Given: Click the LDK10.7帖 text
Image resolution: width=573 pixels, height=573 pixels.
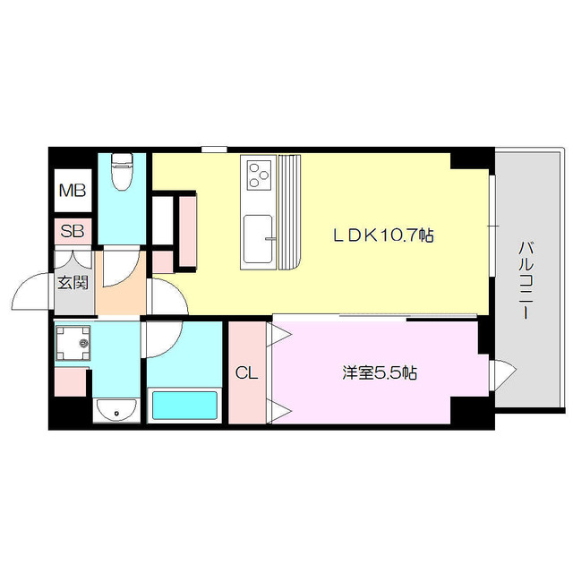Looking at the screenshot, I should [383, 235].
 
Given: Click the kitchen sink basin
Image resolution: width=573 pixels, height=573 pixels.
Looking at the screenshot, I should [258, 237].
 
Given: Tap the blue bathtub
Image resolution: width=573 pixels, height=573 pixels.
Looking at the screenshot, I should [184, 405].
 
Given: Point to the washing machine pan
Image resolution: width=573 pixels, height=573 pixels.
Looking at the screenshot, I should [73, 342].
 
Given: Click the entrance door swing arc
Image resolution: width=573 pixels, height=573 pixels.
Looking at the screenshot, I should [32, 288].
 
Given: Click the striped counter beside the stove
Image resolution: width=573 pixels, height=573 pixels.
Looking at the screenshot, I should [292, 211].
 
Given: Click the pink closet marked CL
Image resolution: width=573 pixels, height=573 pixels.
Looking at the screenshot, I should [247, 394].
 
